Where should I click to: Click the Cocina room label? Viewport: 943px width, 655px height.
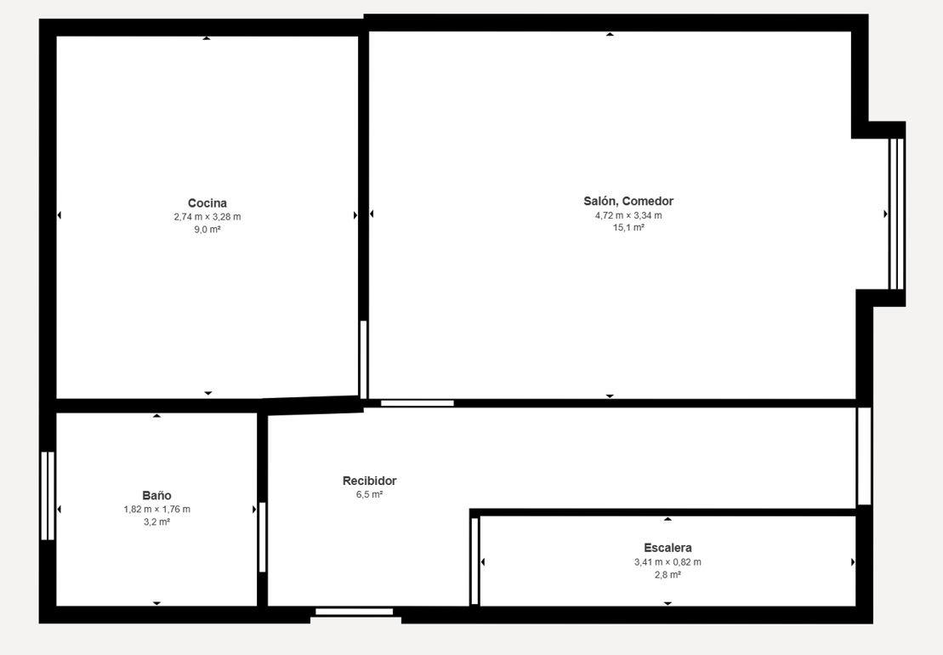click(207, 203)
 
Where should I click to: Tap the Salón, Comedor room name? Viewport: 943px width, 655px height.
click(628, 202)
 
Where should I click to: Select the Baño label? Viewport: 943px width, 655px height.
click(157, 496)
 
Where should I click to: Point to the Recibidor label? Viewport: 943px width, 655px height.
click(369, 481)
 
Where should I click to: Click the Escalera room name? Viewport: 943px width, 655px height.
click(667, 548)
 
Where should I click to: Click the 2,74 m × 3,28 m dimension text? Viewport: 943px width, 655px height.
click(207, 217)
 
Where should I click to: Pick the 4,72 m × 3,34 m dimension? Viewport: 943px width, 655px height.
click(628, 215)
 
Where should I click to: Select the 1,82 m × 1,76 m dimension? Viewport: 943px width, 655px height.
click(157, 510)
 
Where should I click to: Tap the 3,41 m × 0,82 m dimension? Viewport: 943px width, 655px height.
click(667, 562)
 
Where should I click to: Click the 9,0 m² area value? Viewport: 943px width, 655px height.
click(207, 229)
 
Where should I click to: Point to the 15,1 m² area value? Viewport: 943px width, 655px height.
click(628, 227)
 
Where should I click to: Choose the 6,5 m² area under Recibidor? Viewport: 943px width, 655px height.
click(369, 494)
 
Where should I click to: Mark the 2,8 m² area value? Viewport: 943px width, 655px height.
click(667, 575)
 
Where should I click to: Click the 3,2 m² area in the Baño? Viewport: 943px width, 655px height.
click(157, 522)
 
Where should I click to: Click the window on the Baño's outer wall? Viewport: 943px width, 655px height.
click(48, 496)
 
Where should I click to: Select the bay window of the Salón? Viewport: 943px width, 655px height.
click(897, 214)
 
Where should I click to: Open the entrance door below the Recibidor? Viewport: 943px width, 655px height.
click(355, 612)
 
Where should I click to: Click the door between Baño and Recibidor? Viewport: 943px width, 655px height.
click(262, 537)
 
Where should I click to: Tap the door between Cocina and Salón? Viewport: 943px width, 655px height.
click(363, 360)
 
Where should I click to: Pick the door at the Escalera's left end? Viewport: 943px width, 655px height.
click(474, 561)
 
